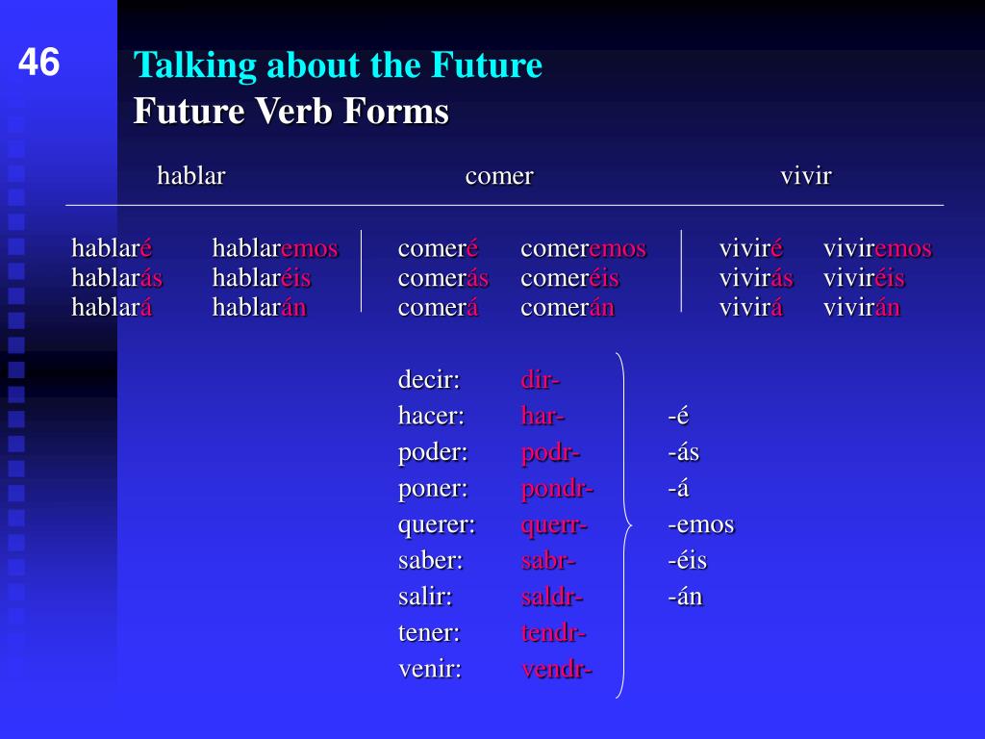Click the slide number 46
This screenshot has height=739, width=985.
click(38, 63)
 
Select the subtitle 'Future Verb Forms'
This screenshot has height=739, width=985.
click(290, 112)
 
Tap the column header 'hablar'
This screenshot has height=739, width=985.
click(191, 176)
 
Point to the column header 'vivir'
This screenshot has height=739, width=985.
click(806, 176)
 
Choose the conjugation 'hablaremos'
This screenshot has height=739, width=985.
click(275, 248)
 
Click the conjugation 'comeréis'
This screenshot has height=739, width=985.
click(569, 278)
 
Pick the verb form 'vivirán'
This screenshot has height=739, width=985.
click(861, 307)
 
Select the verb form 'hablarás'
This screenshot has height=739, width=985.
click(116, 278)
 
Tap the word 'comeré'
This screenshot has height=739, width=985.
click(438, 248)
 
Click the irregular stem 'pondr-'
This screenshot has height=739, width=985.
click(557, 489)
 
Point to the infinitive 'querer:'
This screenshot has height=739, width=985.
click(437, 524)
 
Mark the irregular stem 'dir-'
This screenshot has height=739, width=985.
click(541, 379)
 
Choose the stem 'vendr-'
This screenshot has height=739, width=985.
click(557, 670)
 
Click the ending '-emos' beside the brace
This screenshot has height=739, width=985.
click(701, 524)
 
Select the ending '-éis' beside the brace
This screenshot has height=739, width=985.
click(687, 561)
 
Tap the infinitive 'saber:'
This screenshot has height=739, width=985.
click(430, 561)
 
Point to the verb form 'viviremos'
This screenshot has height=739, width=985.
click(877, 248)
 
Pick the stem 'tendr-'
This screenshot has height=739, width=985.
click(553, 633)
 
